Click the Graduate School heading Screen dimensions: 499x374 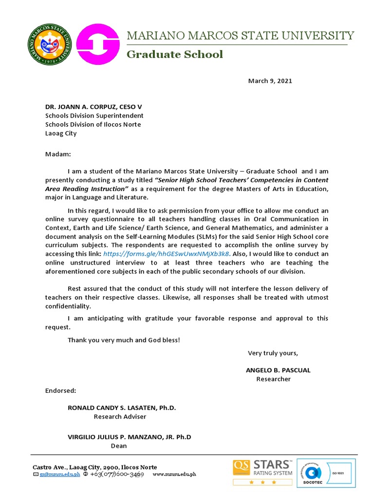pyautogui.click(x=175, y=54)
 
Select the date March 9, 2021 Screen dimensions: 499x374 pyautogui.click(x=270, y=81)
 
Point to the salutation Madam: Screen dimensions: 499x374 pyautogui.click(x=58, y=154)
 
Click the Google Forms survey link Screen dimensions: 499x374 pyautogui.click(x=166, y=254)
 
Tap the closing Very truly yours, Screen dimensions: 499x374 pyautogui.click(x=273, y=353)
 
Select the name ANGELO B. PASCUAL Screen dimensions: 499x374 pyautogui.click(x=278, y=370)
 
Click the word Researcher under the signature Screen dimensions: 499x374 pyautogui.click(x=273, y=379)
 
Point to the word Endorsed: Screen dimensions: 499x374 pyautogui.click(x=60, y=390)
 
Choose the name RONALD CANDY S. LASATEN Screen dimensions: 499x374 pyautogui.click(x=122, y=408)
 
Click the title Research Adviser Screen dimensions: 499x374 pyautogui.click(x=120, y=417)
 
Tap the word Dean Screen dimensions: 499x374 pyautogui.click(x=119, y=446)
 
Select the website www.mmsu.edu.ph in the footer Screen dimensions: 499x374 pyautogui.click(x=174, y=474)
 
